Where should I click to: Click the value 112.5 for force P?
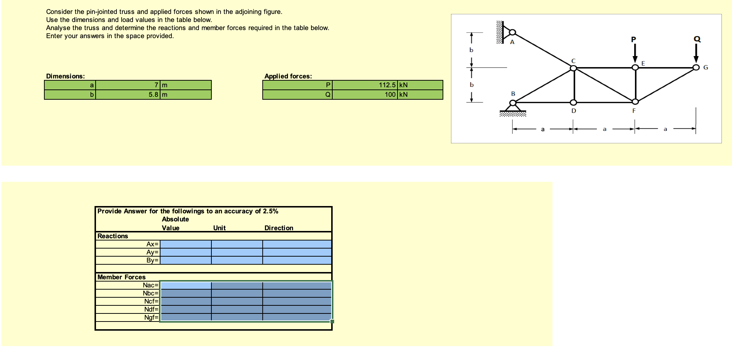pos(387,85)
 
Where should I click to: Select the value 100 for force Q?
pos(390,95)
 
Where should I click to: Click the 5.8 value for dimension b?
pos(154,95)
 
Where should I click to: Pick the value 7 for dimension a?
pos(156,85)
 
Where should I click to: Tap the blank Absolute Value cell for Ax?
pos(186,244)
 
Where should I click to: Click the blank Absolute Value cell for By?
pos(186,260)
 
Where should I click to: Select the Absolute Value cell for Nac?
pos(186,285)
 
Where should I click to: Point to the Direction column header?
pos(279,228)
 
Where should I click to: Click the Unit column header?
pos(219,228)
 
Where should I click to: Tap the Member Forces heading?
pos(121,277)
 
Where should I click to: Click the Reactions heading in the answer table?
pos(112,236)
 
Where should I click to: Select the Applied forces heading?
pos(288,76)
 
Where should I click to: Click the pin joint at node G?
pos(696,67)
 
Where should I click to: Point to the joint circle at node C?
pos(573,68)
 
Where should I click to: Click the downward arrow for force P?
pos(635,54)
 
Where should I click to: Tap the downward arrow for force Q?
pos(696,54)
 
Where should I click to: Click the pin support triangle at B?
pos(513,107)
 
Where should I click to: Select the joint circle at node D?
pos(573,102)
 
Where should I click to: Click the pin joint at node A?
pos(513,32)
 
